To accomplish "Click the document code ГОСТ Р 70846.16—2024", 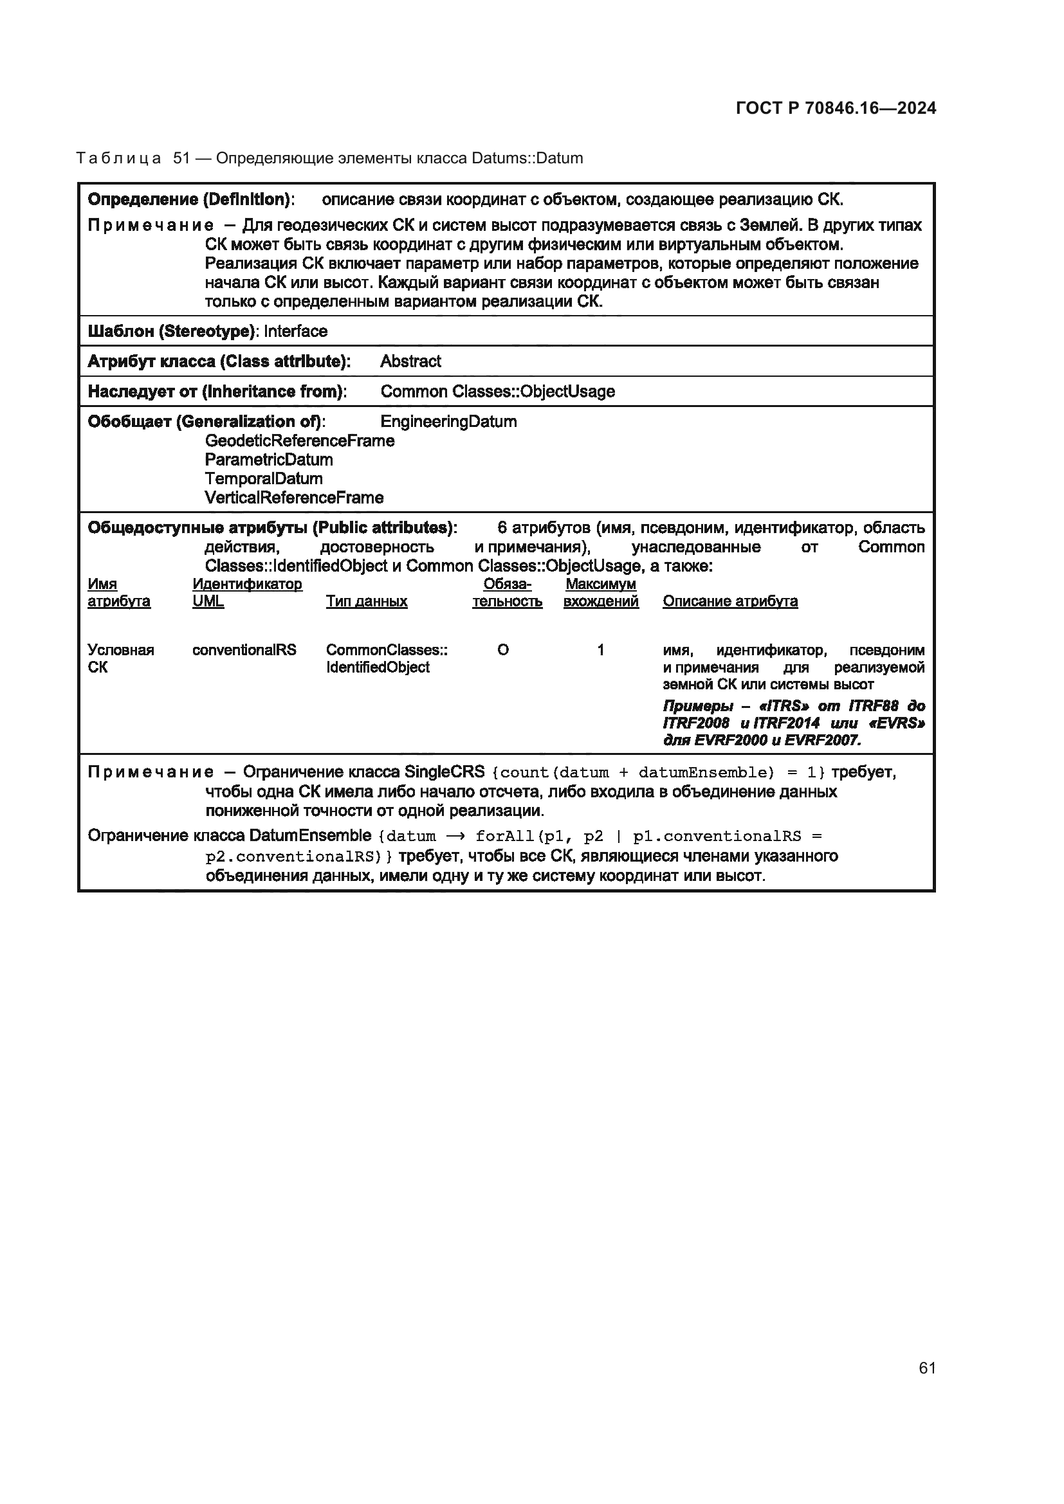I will click(836, 108).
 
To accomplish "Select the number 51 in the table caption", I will click(181, 159).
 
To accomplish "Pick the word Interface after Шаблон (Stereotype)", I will click(295, 331).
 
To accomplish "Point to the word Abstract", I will click(410, 361).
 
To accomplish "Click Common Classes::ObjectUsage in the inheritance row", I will click(497, 392).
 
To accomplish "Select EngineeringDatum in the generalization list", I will click(448, 422).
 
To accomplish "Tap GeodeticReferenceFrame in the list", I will click(299, 441).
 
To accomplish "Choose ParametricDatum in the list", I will click(269, 460).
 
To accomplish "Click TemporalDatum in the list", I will click(263, 479).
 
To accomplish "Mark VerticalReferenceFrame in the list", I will click(293, 498).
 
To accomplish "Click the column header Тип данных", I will click(366, 601).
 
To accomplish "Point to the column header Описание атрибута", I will click(730, 601).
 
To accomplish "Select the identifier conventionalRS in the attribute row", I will click(244, 651).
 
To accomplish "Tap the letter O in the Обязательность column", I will click(502, 651).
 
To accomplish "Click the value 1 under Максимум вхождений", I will click(600, 651).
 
